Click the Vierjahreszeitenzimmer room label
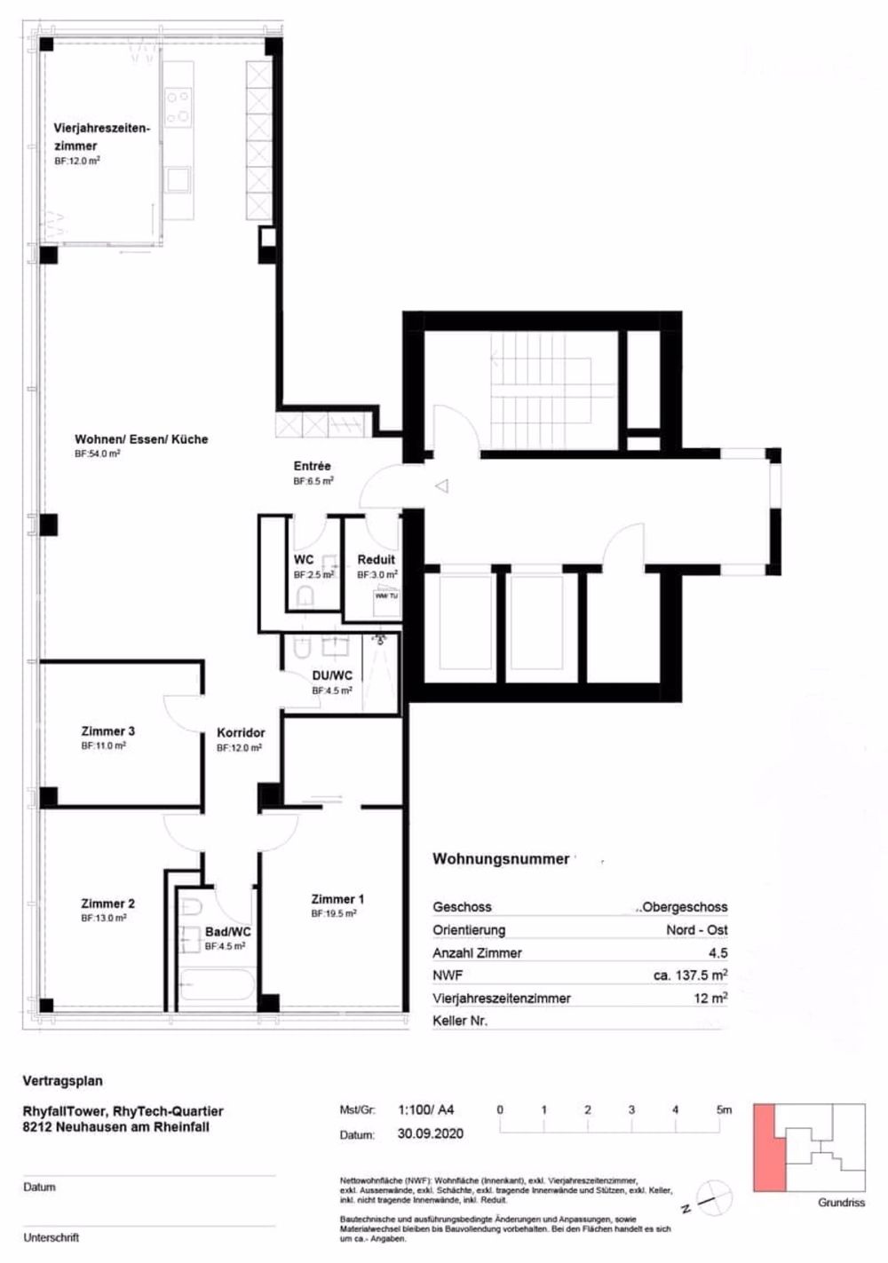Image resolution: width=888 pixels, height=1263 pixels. point(101,137)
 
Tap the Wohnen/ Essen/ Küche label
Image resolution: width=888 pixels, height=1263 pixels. point(141,439)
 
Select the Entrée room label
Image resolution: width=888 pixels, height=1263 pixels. point(312,466)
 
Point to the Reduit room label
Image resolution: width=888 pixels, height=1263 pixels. point(376,560)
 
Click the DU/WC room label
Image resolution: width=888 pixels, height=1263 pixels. point(332,675)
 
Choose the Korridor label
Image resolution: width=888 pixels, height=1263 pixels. point(241,733)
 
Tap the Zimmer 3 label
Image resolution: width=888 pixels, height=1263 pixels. point(107,731)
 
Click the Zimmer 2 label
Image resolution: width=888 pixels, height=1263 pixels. point(107,904)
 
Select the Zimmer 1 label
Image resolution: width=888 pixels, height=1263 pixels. point(337,899)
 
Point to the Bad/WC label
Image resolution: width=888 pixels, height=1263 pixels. point(227,932)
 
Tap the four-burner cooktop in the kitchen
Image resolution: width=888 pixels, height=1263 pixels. point(178,107)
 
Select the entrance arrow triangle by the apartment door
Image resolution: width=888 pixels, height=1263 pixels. point(441,485)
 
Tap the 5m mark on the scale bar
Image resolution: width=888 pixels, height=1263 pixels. point(725,1109)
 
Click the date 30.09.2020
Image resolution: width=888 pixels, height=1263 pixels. point(430,1133)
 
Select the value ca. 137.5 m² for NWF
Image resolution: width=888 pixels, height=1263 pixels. point(690,975)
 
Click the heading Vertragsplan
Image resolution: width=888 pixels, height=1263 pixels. point(62,1081)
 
